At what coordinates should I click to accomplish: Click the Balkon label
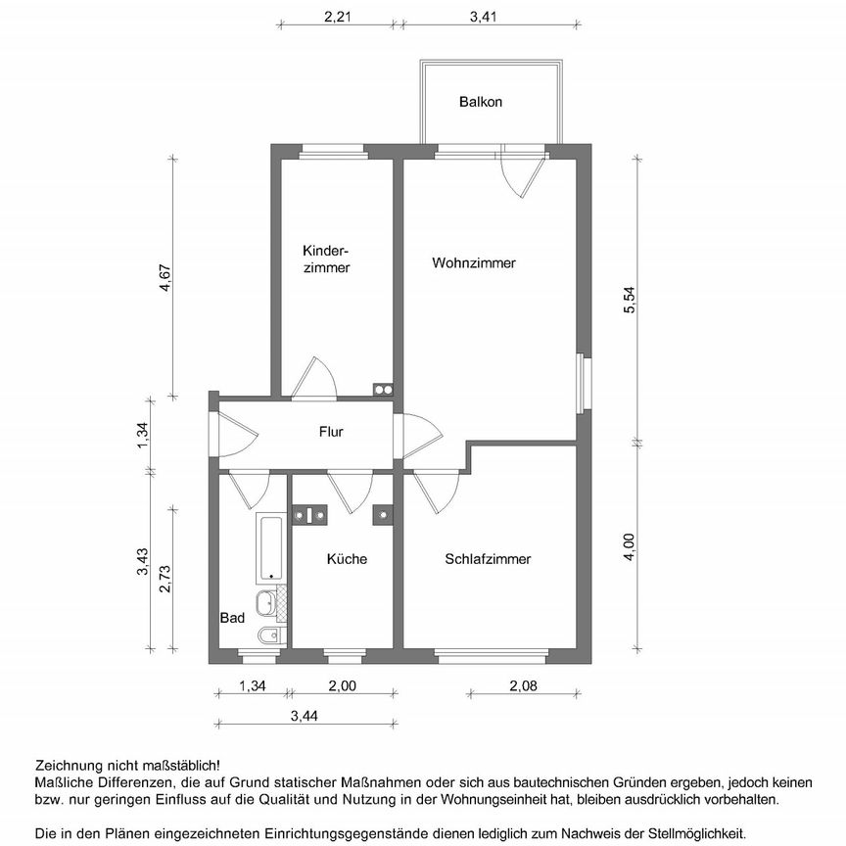481,102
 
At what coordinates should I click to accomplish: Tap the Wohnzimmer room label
474,262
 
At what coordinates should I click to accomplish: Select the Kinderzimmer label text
326,258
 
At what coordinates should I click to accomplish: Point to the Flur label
331,431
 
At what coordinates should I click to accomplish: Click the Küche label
347,559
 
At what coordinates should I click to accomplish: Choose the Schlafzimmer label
488,559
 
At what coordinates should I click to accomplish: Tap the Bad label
232,618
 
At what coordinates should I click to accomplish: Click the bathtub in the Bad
270,547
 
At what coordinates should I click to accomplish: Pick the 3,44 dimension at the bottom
305,717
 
